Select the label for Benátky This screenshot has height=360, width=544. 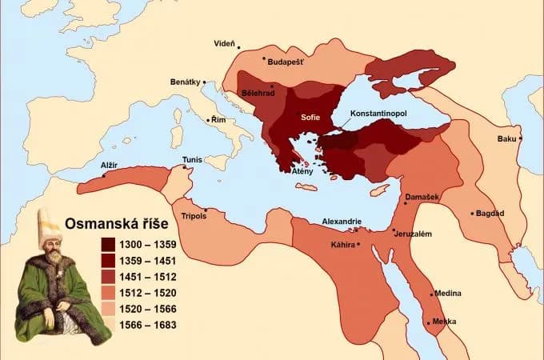(x=186, y=82)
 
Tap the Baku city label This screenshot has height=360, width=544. (x=506, y=138)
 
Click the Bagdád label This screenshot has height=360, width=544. (x=490, y=214)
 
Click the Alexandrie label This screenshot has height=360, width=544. (x=342, y=222)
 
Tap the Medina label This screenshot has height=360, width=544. (x=446, y=294)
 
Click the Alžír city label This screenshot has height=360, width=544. (x=108, y=165)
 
